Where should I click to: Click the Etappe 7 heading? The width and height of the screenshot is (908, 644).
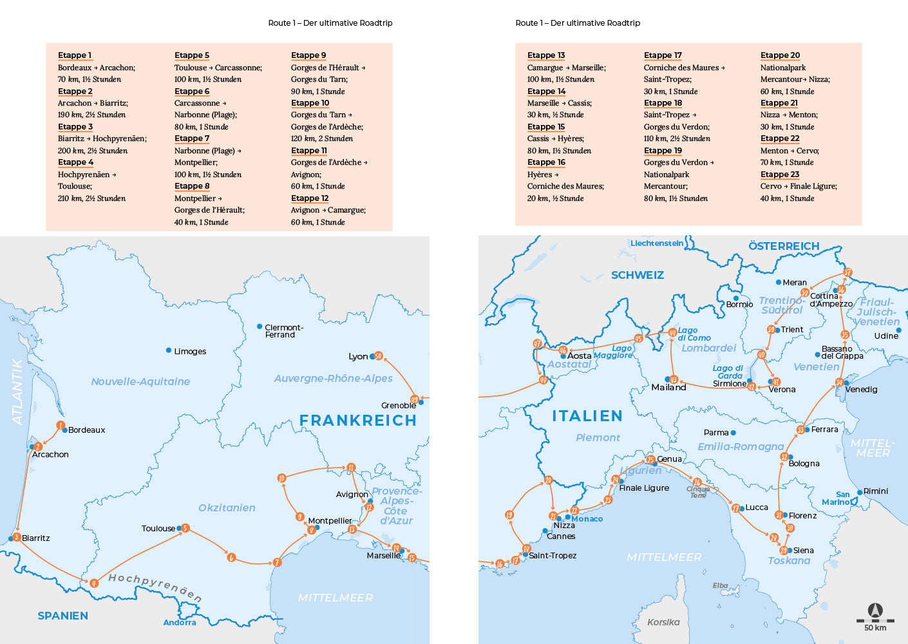[191, 138]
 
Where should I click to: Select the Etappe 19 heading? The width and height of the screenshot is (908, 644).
[663, 151]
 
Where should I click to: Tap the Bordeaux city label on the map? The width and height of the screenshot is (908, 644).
[86, 430]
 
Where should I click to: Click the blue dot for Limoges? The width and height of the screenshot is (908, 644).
[169, 350]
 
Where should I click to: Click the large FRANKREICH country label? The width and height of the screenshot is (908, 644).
[357, 421]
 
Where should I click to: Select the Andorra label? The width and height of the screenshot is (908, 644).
[179, 623]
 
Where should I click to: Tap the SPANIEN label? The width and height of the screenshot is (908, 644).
[62, 616]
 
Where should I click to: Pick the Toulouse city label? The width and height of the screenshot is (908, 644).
[158, 529]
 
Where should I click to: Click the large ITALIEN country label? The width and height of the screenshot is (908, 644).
[587, 416]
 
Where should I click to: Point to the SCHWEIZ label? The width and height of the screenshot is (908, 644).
[637, 275]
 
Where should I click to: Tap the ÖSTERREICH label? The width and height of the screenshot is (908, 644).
[784, 246]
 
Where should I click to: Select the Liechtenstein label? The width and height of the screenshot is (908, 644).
[656, 243]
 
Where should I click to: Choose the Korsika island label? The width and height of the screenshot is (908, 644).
[663, 622]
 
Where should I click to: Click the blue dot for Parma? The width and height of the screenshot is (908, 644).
[733, 433]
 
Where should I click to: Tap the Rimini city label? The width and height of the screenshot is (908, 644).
[875, 491]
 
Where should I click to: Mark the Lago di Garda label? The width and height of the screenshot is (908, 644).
[729, 372]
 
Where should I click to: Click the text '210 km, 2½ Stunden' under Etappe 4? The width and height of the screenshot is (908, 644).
[91, 198]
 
